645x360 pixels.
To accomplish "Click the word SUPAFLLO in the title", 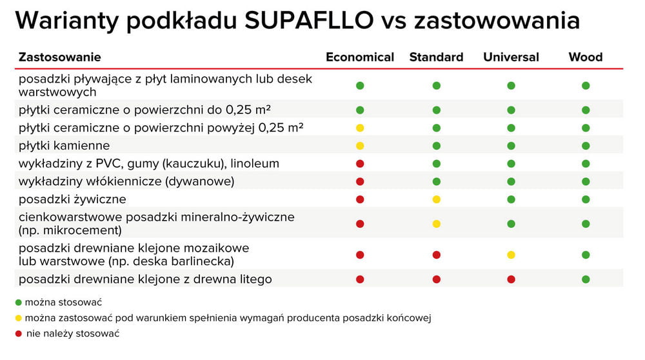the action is click(x=309, y=20).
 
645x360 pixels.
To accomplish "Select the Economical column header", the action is click(x=360, y=57).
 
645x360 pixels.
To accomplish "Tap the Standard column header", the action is click(x=437, y=57).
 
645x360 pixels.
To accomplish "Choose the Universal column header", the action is click(x=511, y=57).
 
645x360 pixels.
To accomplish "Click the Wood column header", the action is click(x=586, y=57).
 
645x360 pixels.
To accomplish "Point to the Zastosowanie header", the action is click(x=59, y=57).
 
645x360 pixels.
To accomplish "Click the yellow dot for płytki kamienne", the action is click(x=360, y=146).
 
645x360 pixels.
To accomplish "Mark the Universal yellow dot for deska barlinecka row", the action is click(x=511, y=255).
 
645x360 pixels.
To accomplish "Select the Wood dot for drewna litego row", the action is click(x=586, y=279).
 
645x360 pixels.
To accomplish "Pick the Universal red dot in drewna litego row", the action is click(x=511, y=279).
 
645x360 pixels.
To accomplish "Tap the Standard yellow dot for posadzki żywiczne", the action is click(x=437, y=199).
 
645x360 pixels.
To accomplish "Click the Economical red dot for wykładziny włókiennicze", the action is click(x=360, y=181).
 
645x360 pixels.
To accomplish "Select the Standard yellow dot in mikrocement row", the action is click(x=437, y=224).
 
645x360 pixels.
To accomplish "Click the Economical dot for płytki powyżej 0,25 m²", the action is click(x=360, y=128).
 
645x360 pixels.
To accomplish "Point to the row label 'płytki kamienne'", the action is click(x=64, y=146).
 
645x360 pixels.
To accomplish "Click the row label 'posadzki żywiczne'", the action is click(x=72, y=199).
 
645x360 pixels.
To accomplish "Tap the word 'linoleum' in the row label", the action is click(x=255, y=163).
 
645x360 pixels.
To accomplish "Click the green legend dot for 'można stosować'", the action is click(x=18, y=303).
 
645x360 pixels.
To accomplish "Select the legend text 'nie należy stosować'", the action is click(x=73, y=334).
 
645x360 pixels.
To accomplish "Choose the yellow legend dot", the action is click(x=18, y=318).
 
